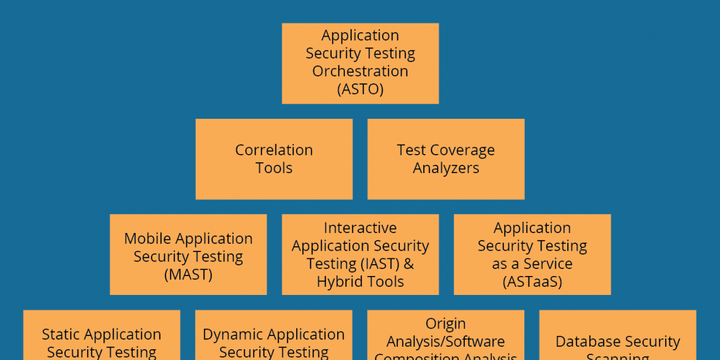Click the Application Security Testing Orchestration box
click(x=360, y=63)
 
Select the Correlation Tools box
click(x=273, y=159)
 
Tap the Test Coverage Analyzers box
click(x=445, y=159)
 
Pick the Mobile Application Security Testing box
click(x=188, y=254)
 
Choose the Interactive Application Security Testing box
click(x=360, y=254)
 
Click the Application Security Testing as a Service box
click(x=532, y=254)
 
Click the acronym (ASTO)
click(x=360, y=89)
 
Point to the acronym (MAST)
click(x=188, y=275)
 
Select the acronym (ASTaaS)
click(x=532, y=282)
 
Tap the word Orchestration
click(x=360, y=71)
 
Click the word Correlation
click(x=273, y=150)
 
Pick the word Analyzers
click(x=446, y=168)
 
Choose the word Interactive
click(x=360, y=228)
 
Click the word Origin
click(x=445, y=324)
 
